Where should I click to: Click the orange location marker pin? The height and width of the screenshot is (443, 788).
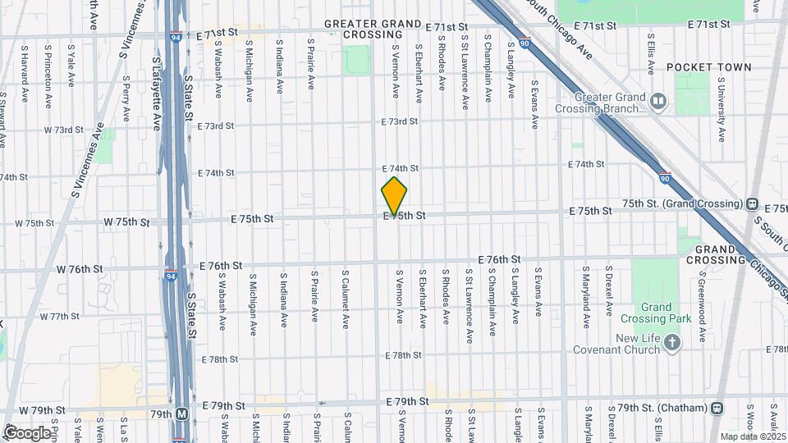394,197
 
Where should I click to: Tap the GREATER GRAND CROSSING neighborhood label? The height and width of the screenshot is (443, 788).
373,30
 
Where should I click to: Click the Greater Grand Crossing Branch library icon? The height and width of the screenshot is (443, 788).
657,101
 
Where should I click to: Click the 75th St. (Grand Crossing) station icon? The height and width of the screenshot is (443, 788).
752,203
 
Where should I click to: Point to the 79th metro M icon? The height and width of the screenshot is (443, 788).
181,414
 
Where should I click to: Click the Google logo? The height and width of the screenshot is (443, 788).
27,432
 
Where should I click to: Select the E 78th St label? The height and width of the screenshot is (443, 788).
403,355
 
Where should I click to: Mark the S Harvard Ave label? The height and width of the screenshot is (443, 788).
25,82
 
